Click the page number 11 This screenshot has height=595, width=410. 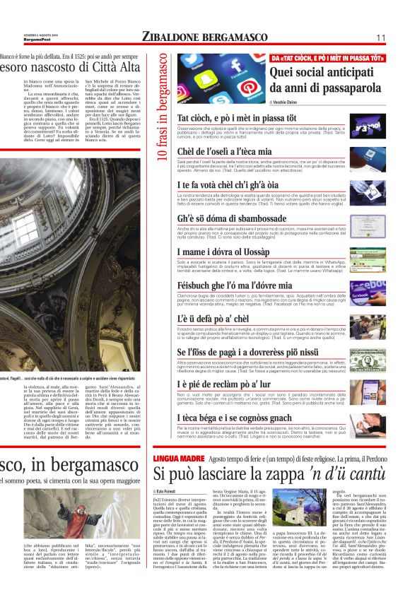point(380,37)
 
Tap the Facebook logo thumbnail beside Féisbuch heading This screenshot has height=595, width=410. point(367,292)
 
